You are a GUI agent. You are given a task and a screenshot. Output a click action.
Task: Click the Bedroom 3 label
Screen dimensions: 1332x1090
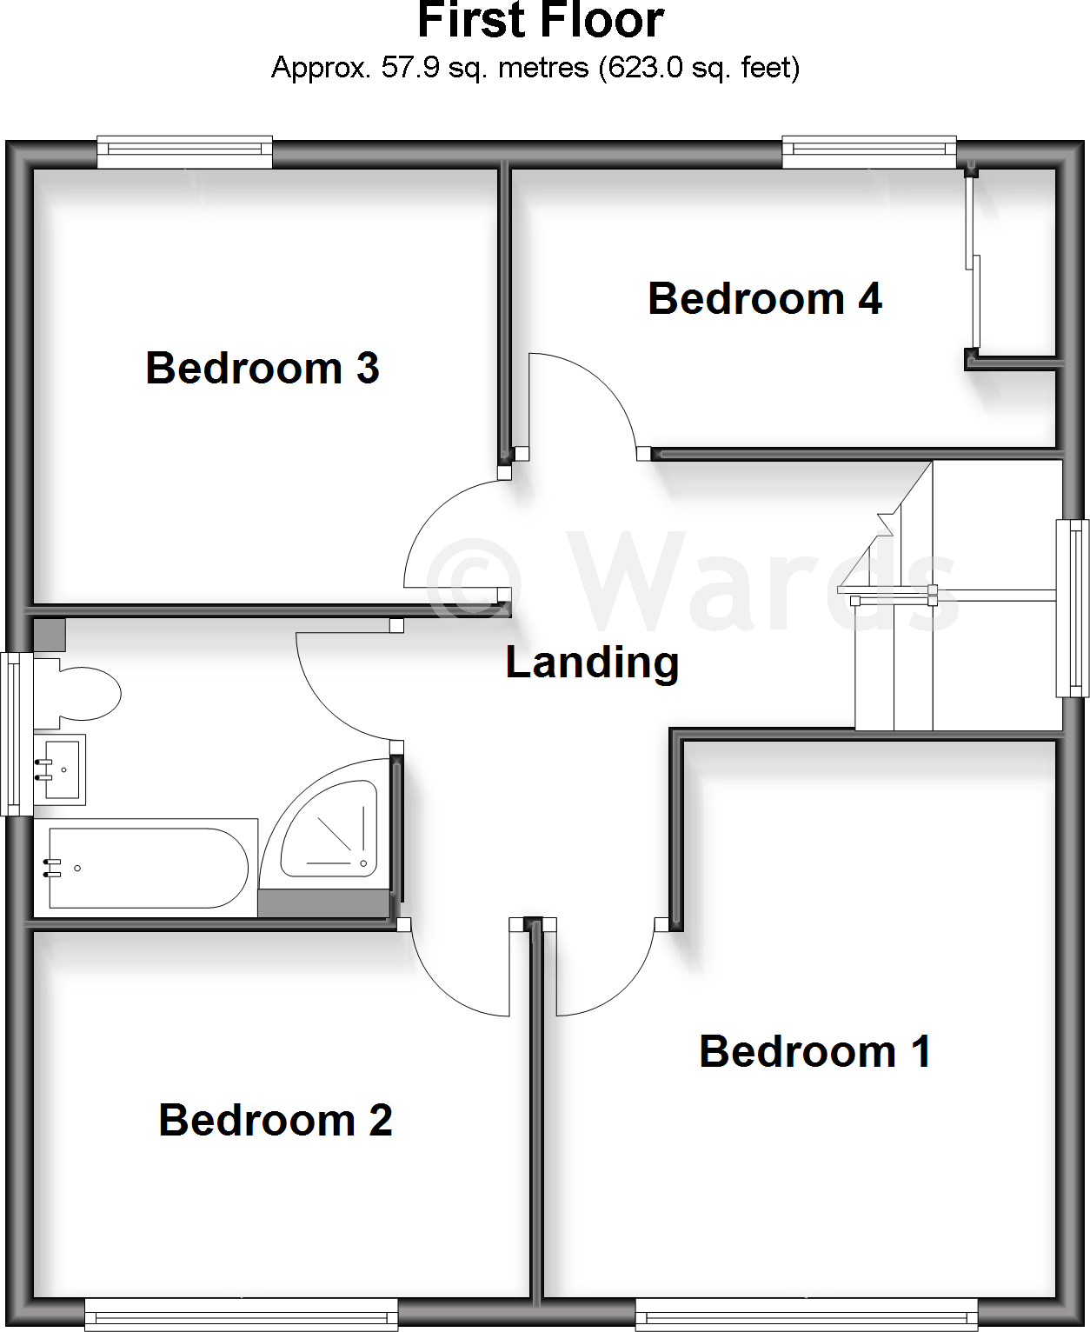click(x=263, y=368)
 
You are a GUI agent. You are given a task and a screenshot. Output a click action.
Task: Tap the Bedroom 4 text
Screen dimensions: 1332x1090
click(x=765, y=299)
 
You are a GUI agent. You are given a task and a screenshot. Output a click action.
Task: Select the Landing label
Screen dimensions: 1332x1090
click(x=592, y=663)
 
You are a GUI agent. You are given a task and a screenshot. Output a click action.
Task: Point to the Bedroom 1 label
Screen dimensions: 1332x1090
click(x=815, y=1051)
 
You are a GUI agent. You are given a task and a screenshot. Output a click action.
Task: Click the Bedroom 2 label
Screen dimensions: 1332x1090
click(x=276, y=1120)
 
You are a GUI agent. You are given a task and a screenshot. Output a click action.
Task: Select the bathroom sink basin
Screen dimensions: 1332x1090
click(x=60, y=769)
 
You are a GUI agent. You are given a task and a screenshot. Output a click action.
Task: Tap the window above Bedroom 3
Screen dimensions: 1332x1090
click(x=184, y=152)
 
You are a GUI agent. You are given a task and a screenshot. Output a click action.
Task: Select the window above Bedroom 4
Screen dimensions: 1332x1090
click(x=869, y=152)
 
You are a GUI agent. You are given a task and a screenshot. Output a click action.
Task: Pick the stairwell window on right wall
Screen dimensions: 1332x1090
click(x=1072, y=608)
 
